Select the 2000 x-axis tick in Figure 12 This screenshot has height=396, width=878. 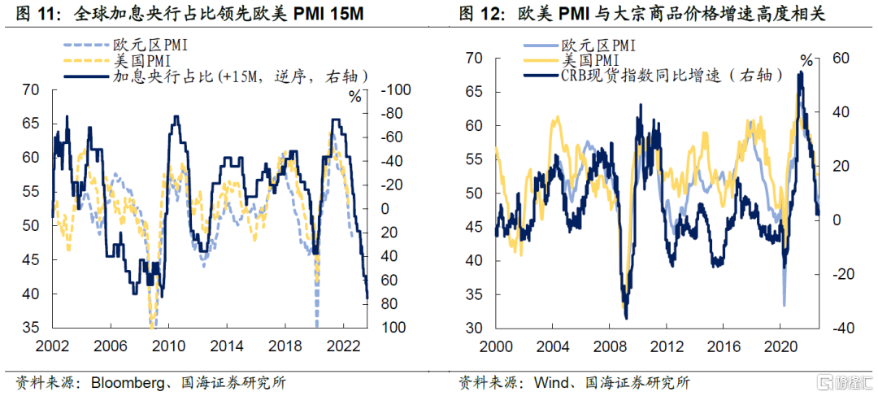[497, 346]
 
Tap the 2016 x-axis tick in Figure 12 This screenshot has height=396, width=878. [723, 346]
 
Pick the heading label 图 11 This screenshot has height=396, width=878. [31, 15]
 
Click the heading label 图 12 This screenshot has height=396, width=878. [477, 15]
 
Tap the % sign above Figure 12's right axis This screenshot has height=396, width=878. [806, 60]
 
